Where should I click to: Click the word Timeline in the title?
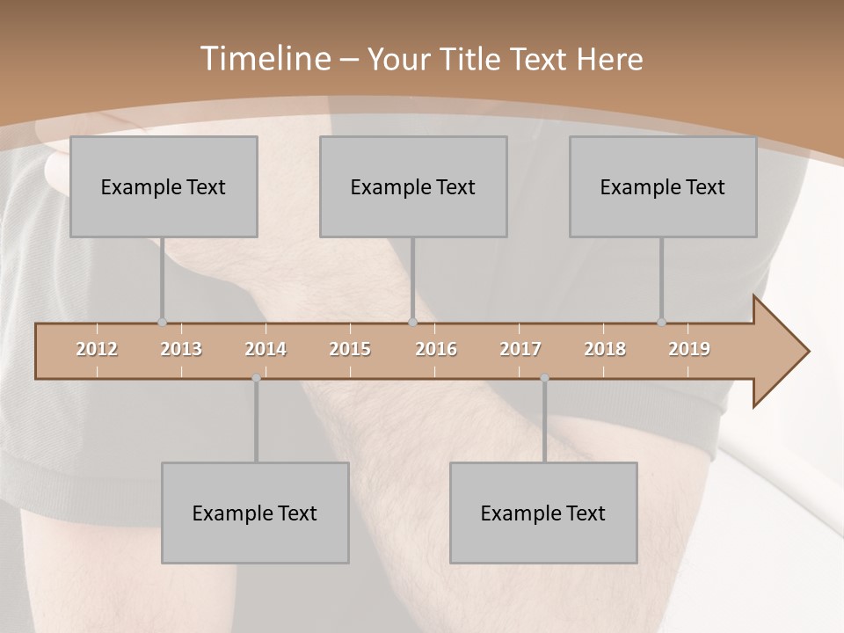point(264,59)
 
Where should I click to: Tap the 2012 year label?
point(97,349)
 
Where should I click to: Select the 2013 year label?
point(181,349)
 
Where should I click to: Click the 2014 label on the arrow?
point(266,349)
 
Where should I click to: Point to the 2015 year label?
point(350,349)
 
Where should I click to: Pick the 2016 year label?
point(436,349)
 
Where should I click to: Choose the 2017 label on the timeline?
point(520,349)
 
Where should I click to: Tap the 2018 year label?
point(605,349)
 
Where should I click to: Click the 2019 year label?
point(689,349)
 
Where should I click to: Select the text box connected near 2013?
point(164,186)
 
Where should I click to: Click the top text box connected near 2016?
point(413,186)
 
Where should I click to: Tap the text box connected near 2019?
point(663,186)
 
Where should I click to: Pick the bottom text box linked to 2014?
point(255,513)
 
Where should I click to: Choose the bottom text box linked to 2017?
point(543,513)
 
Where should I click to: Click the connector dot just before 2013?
point(162,322)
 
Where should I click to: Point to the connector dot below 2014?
point(256,378)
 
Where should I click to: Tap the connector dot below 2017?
point(544,378)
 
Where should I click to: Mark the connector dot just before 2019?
point(661,322)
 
